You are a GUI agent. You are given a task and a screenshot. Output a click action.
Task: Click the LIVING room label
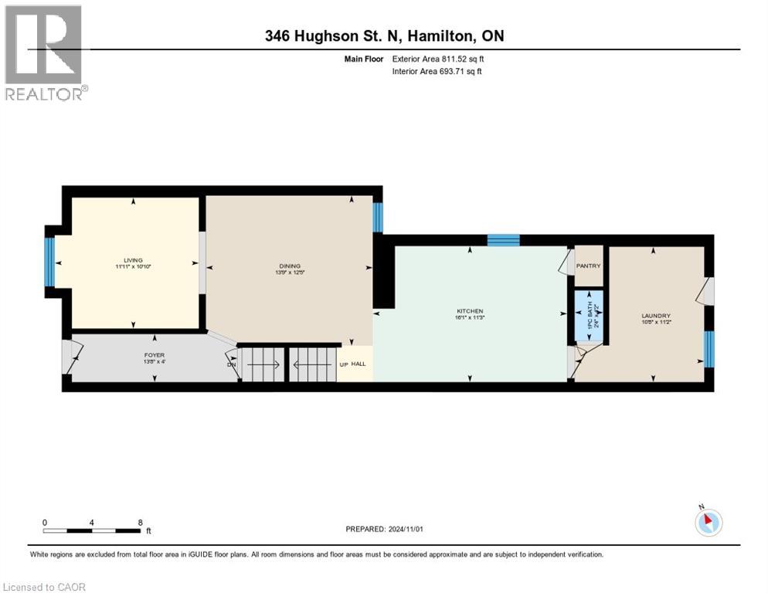(133, 260)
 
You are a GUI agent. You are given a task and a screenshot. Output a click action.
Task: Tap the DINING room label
(289, 266)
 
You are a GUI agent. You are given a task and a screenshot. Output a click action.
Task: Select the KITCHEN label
(469, 311)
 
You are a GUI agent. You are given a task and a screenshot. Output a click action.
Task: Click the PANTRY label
(588, 266)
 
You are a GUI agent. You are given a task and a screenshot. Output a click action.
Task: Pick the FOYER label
(155, 355)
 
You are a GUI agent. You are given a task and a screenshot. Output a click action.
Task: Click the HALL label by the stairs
(359, 364)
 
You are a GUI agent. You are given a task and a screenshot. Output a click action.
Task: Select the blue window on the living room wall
(49, 261)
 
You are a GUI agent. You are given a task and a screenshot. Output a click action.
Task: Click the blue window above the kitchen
(503, 240)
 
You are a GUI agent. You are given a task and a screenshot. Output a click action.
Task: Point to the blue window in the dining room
(378, 217)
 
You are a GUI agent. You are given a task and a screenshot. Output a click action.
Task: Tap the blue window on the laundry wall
(709, 348)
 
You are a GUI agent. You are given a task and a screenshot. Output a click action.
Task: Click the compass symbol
(708, 522)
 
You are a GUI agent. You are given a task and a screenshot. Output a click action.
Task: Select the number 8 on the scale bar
(140, 523)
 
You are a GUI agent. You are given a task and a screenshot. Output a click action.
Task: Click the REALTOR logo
(44, 52)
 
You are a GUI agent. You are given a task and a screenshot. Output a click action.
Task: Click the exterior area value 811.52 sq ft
(460, 59)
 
